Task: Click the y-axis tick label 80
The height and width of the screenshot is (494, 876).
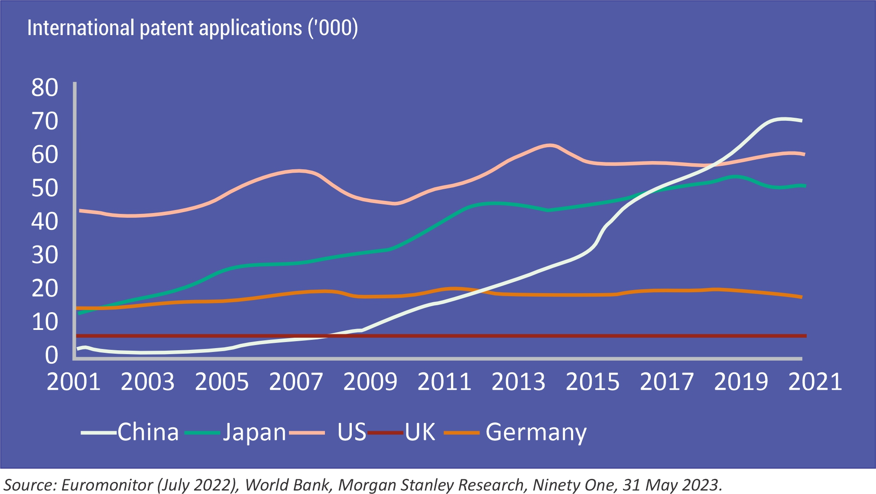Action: (x=45, y=88)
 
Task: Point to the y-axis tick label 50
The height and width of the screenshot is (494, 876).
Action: (x=45, y=188)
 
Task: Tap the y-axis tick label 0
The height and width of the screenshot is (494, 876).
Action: (x=51, y=355)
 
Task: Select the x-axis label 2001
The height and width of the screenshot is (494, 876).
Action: (x=74, y=382)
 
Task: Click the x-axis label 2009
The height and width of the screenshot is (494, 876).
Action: (x=370, y=382)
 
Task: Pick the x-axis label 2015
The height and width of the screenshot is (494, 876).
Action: (x=593, y=382)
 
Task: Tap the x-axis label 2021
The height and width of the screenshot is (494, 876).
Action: (x=815, y=382)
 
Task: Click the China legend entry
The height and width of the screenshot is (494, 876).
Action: (x=148, y=432)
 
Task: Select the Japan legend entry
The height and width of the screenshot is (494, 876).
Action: (x=254, y=432)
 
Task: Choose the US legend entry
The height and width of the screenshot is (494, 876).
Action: (x=351, y=432)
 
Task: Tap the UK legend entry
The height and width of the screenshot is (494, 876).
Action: (x=420, y=432)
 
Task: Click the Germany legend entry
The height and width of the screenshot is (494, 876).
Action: (x=536, y=432)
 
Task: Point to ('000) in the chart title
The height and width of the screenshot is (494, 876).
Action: (x=333, y=28)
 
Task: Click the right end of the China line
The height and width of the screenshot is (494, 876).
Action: (x=801, y=121)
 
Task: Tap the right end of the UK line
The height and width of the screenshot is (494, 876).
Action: (x=805, y=336)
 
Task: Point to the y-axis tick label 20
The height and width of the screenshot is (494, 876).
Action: (x=45, y=289)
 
